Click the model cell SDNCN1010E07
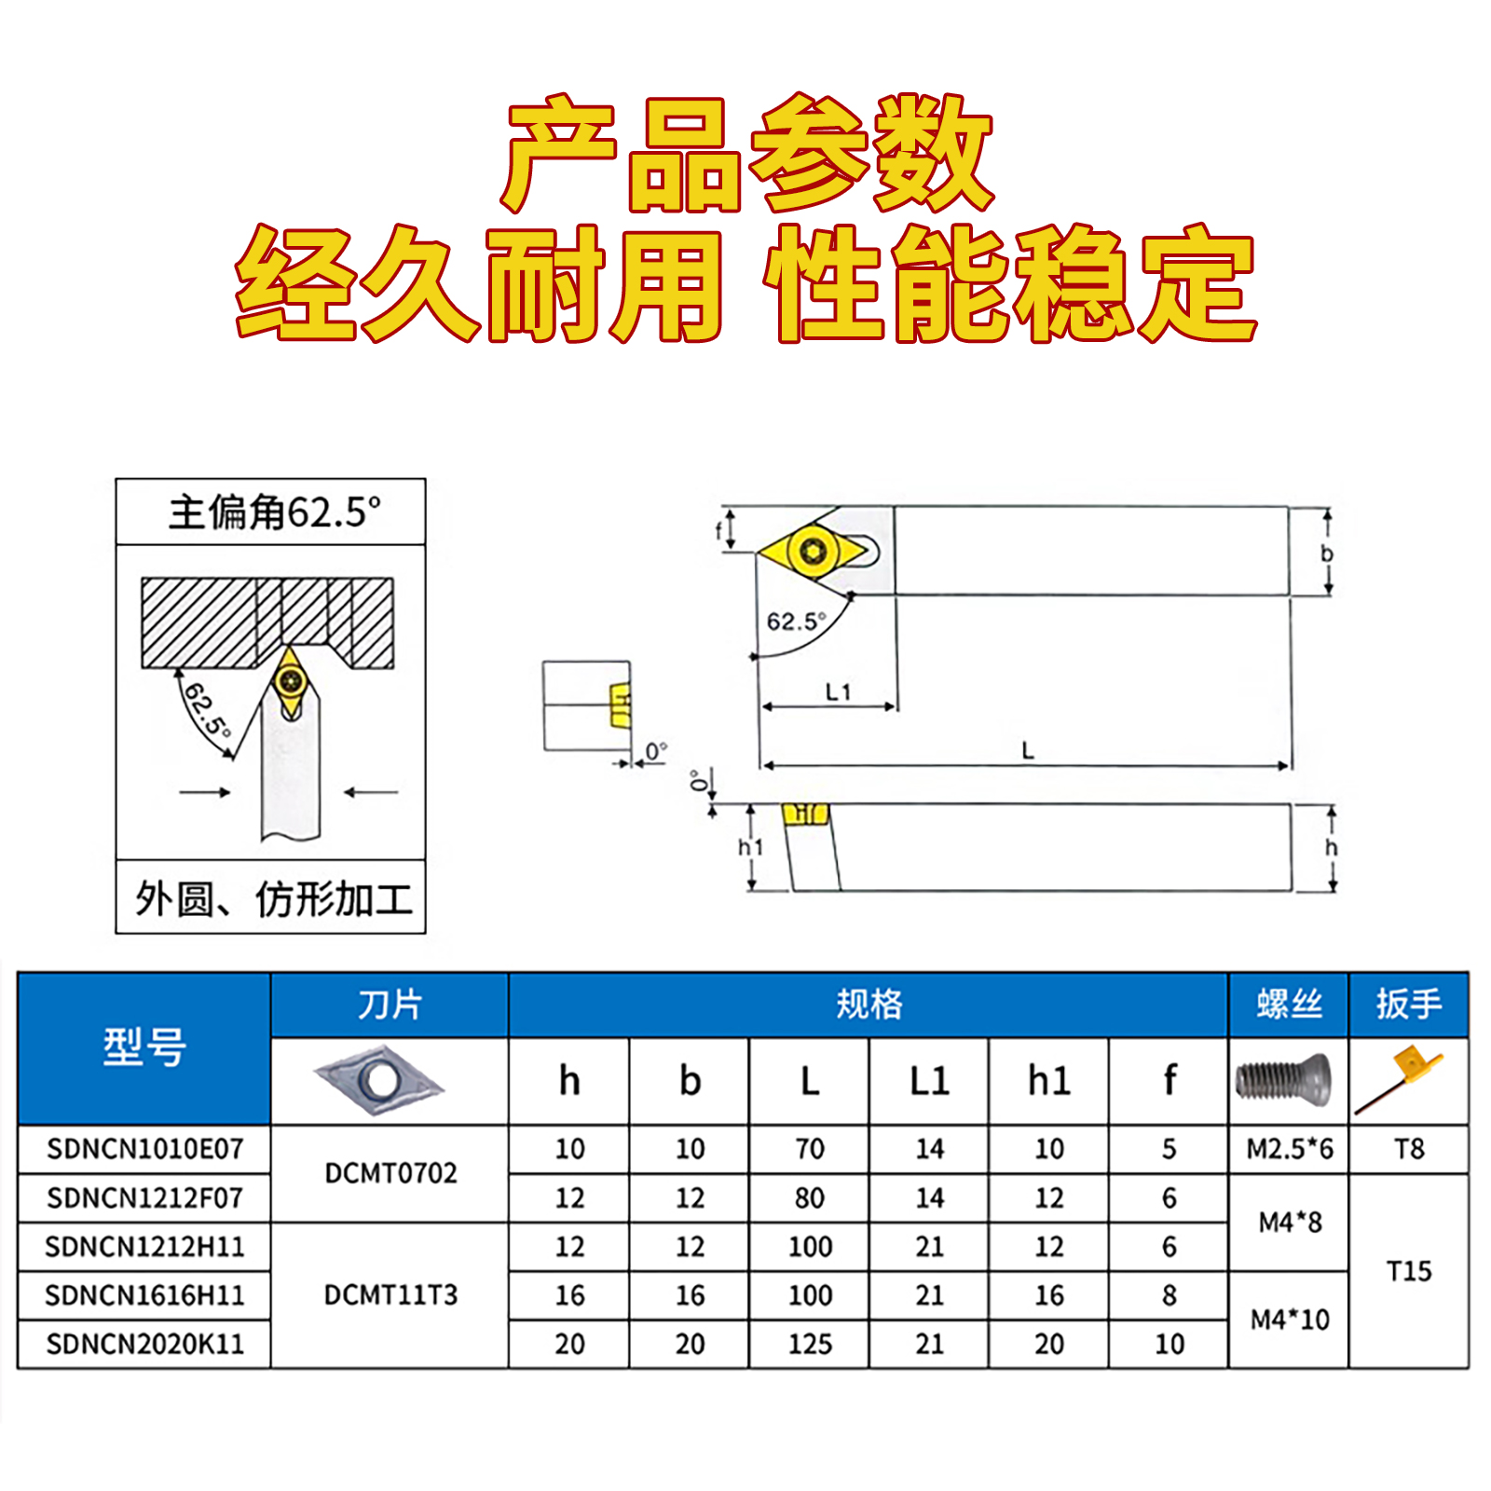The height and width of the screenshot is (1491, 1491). pos(144,1149)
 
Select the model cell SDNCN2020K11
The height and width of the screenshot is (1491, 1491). pos(144,1344)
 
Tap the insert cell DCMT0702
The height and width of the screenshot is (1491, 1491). pos(390,1173)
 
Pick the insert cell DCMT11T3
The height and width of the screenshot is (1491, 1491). pos(390,1294)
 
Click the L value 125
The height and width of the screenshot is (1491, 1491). pos(810,1344)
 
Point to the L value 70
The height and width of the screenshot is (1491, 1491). pos(810,1149)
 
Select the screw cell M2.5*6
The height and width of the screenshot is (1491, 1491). pos(1290,1149)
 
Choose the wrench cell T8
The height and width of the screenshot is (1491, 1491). pos(1409,1149)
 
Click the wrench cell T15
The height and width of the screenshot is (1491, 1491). pos(1409,1271)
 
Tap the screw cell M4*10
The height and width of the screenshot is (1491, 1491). pos(1290,1320)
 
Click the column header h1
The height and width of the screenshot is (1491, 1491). pos(1049,1081)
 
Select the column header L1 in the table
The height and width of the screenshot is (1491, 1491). pos(929,1081)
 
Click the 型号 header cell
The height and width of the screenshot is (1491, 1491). pos(144,1047)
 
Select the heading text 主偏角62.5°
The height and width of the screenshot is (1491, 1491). pos(274,513)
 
